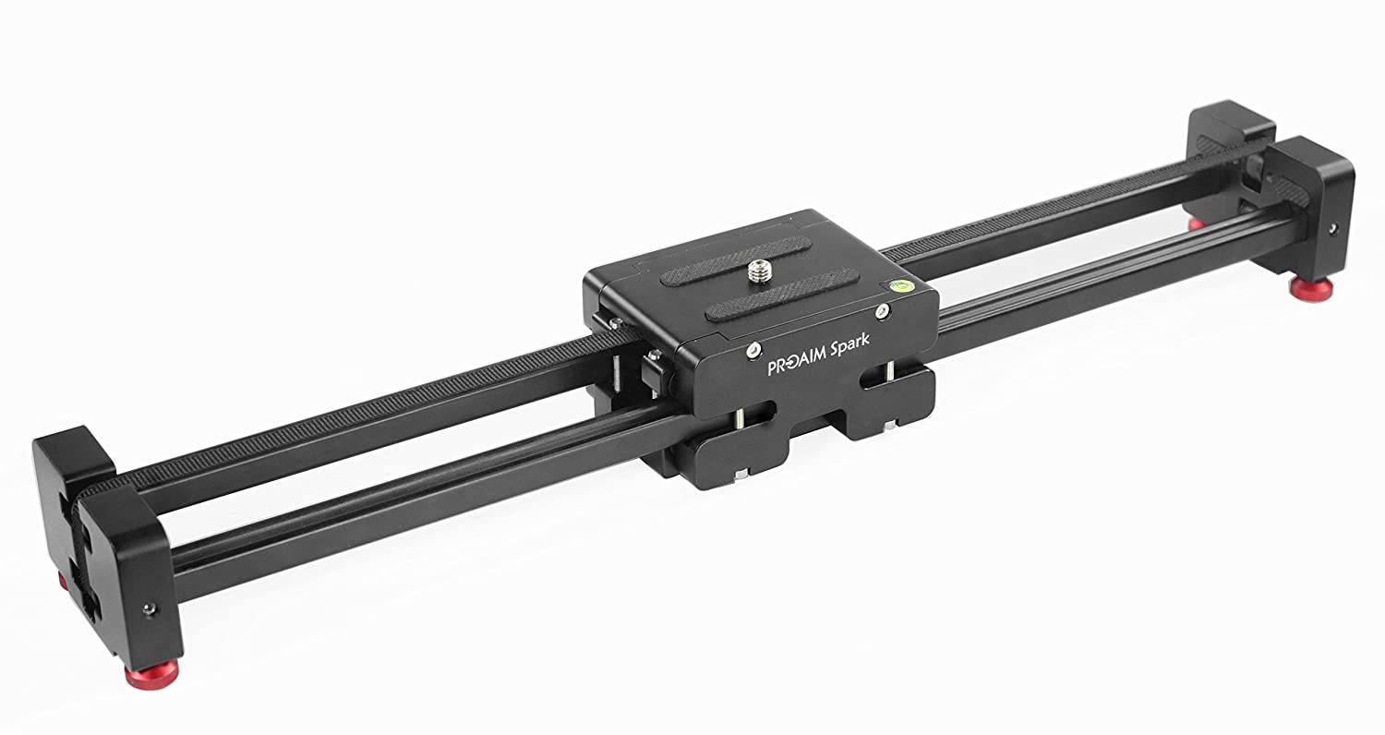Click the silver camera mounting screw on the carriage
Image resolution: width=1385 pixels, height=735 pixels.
pyautogui.click(x=759, y=271)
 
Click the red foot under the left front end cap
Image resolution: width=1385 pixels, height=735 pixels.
pyautogui.click(x=151, y=676)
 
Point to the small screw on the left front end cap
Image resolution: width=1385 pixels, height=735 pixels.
pyautogui.click(x=149, y=608)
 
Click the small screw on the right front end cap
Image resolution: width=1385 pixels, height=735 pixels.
pyautogui.click(x=1333, y=229)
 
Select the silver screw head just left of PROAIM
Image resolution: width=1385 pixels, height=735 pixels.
pyautogui.click(x=753, y=351)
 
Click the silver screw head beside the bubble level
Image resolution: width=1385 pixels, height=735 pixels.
pyautogui.click(x=883, y=311)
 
